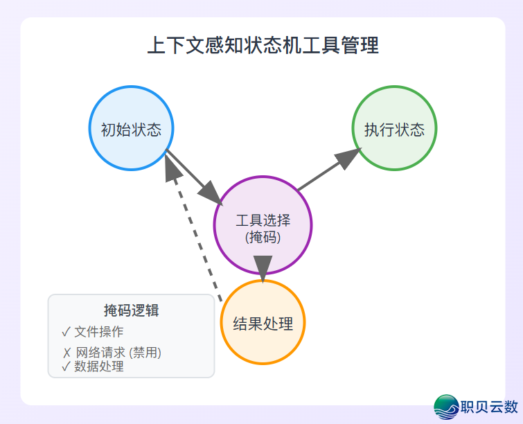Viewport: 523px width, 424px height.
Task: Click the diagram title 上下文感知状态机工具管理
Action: pyautogui.click(x=263, y=46)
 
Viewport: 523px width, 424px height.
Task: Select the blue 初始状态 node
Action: pyautogui.click(x=131, y=129)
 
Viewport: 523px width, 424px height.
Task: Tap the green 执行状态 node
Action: pyautogui.click(x=394, y=129)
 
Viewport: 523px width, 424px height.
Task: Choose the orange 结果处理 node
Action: pyautogui.click(x=263, y=323)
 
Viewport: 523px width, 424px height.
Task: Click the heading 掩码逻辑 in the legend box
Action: pyautogui.click(x=131, y=310)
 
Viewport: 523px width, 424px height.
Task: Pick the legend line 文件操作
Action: pyautogui.click(x=99, y=331)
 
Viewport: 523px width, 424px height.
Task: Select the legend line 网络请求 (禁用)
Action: pyautogui.click(x=118, y=353)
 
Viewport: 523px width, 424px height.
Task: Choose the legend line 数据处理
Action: pyautogui.click(x=99, y=366)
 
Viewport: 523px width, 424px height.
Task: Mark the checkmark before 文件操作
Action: pyautogui.click(x=66, y=331)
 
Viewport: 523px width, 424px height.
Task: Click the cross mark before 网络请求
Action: pyautogui.click(x=67, y=353)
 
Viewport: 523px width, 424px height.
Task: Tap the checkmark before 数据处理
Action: pyautogui.click(x=66, y=366)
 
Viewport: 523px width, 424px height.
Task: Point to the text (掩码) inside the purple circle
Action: pyautogui.click(x=263, y=237)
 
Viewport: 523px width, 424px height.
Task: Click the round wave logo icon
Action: pyautogui.click(x=446, y=407)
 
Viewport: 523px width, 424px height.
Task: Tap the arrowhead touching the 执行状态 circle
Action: pyautogui.click(x=352, y=157)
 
